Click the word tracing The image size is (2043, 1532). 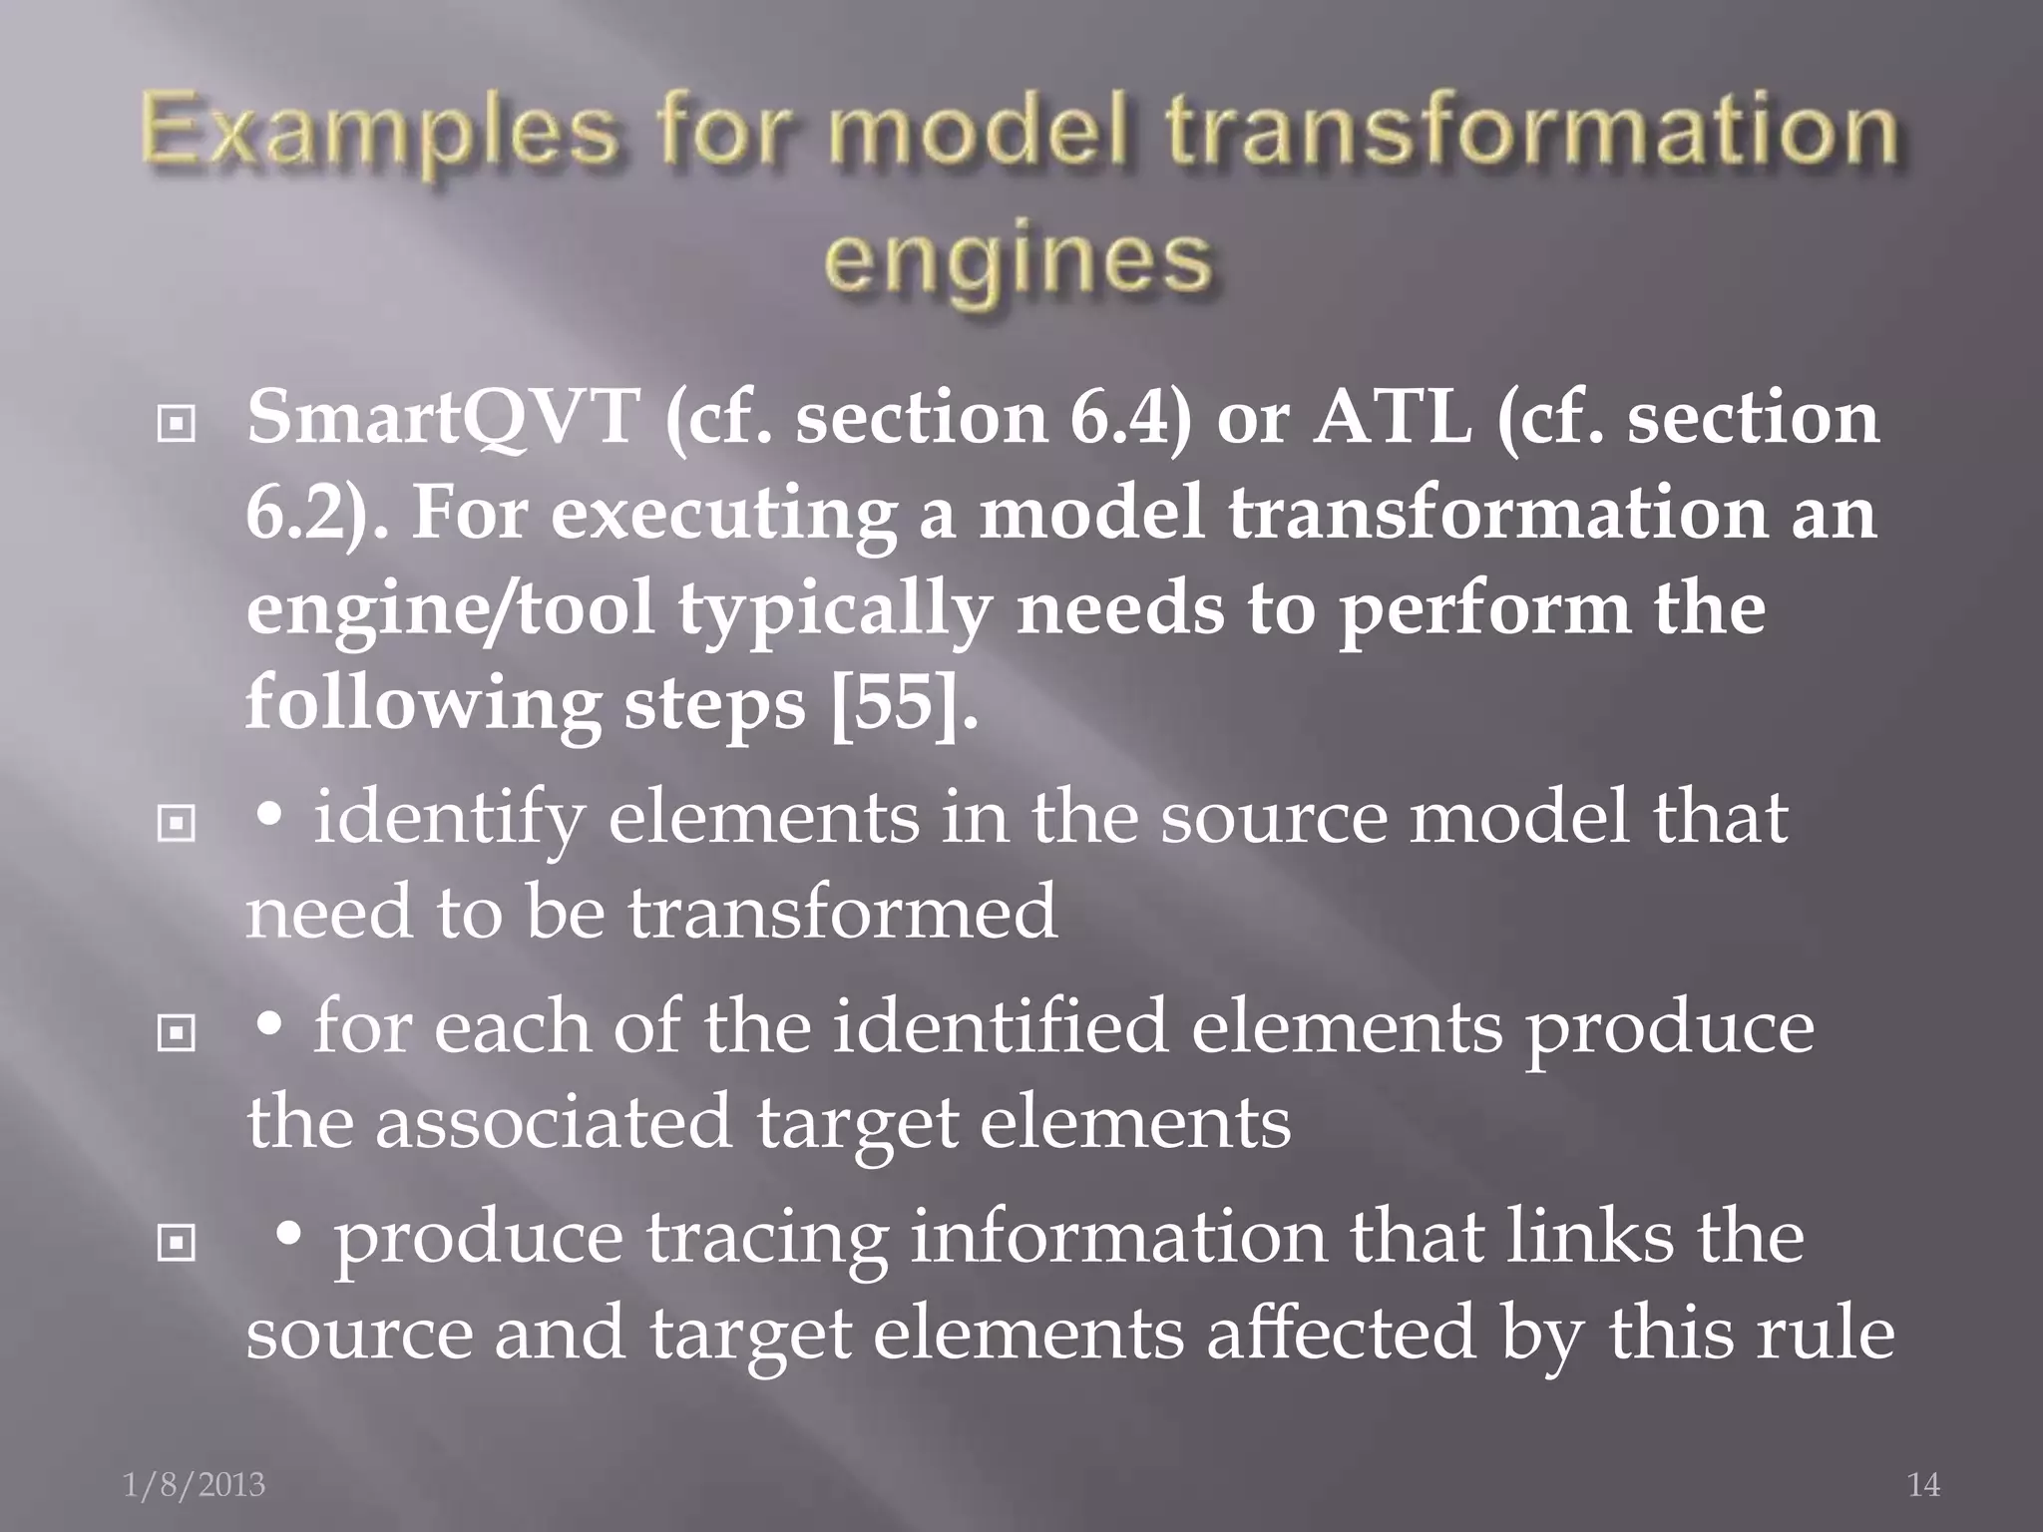pyautogui.click(x=766, y=1240)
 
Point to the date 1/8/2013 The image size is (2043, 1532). pyautogui.click(x=195, y=1485)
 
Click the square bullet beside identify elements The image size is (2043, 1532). pyautogui.click(x=177, y=824)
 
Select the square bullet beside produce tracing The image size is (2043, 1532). pyautogui.click(x=177, y=1243)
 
